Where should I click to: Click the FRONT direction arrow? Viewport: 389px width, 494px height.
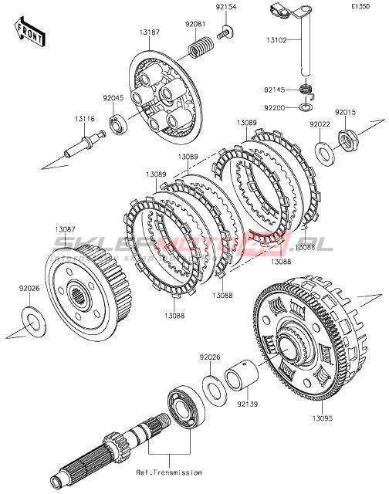(x=30, y=32)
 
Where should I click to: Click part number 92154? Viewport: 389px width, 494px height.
(x=226, y=7)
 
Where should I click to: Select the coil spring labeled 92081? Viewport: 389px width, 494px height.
(x=201, y=49)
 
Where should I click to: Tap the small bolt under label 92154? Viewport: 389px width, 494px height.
(x=225, y=32)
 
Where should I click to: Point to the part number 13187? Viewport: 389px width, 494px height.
(x=150, y=32)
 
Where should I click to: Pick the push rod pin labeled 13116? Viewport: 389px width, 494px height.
(x=84, y=144)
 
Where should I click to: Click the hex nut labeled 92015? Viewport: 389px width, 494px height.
(x=348, y=140)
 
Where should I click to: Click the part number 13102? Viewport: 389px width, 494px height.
(x=276, y=40)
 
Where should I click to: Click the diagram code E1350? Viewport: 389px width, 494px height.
(x=360, y=6)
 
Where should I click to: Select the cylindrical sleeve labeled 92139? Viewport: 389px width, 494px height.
(x=242, y=375)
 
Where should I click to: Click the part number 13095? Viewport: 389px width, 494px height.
(x=322, y=418)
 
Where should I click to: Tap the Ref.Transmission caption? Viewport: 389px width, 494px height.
(x=169, y=472)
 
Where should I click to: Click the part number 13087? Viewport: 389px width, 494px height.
(x=65, y=229)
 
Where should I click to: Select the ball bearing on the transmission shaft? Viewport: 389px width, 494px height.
(x=187, y=407)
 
